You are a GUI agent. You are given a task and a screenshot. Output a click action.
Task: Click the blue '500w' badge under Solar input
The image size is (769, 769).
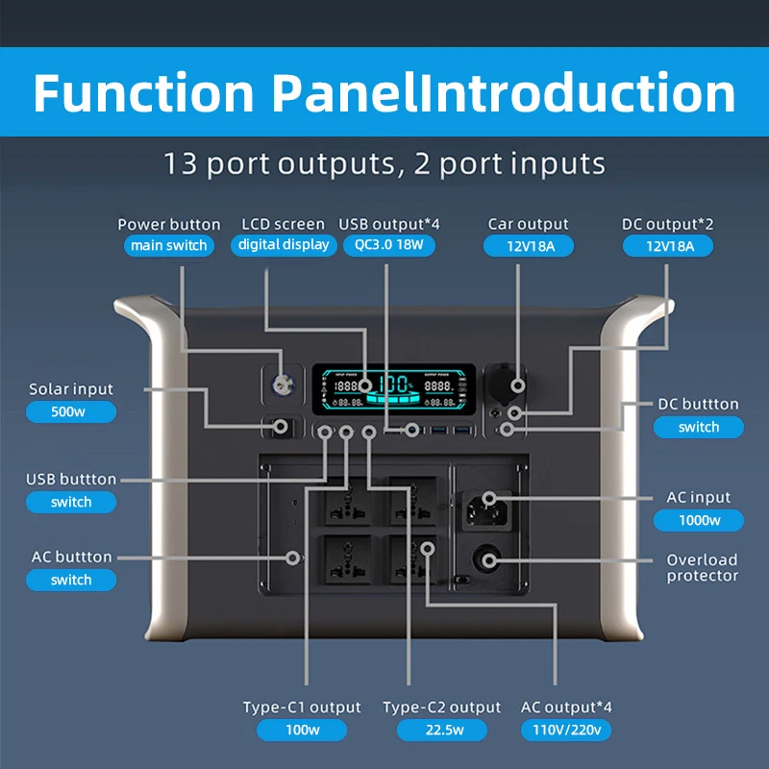click(x=71, y=412)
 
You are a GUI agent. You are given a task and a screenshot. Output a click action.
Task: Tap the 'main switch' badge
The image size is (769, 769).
click(x=168, y=245)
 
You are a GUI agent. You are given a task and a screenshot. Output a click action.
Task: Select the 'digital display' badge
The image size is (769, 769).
click(x=284, y=245)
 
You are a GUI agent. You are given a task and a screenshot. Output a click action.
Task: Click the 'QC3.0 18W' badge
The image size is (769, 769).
click(x=388, y=245)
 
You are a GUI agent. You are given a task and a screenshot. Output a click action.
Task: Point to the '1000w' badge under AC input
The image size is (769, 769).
click(x=699, y=520)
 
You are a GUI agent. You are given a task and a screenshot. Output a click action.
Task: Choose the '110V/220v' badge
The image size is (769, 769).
click(x=566, y=730)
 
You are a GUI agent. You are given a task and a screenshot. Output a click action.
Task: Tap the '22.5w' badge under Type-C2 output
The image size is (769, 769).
click(x=442, y=730)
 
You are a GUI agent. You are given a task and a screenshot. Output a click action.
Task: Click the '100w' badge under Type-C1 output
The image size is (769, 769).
click(x=302, y=730)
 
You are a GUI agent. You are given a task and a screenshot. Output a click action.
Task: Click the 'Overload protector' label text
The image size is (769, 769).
click(x=703, y=567)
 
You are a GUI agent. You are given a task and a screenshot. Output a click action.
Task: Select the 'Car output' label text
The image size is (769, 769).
click(x=528, y=224)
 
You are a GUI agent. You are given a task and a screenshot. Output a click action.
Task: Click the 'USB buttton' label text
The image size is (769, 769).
click(x=71, y=479)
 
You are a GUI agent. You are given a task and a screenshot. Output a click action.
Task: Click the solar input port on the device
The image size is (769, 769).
click(x=283, y=426)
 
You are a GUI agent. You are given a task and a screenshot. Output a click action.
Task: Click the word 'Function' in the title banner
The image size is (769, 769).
click(x=145, y=93)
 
